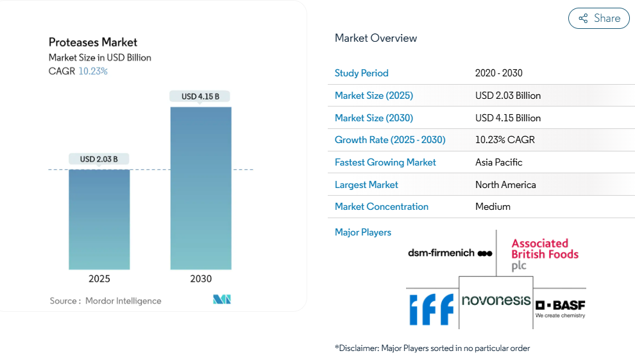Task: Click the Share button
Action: tap(599, 19)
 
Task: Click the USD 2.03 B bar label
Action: tap(99, 159)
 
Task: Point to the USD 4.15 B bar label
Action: tap(200, 96)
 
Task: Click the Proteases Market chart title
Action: tap(93, 42)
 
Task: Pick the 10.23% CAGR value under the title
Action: tap(93, 71)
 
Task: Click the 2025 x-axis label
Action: tap(99, 279)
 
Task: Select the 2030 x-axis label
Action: tap(201, 279)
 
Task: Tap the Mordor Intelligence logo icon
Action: tap(222, 300)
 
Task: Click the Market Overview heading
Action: tap(376, 38)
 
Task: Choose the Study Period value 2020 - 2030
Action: tap(499, 73)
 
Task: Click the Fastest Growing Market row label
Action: tap(385, 162)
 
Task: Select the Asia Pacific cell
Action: tap(499, 162)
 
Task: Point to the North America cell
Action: tap(505, 185)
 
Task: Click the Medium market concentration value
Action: tap(493, 207)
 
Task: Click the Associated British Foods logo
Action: tap(545, 254)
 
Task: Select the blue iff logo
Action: tap(432, 309)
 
